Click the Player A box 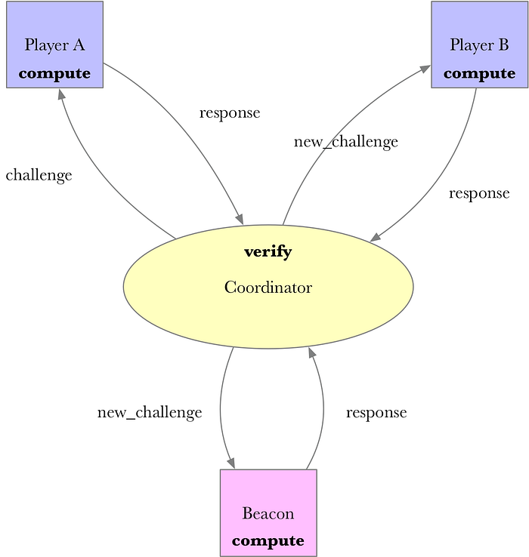tap(54, 45)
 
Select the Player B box tap(480, 45)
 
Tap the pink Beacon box tap(268, 512)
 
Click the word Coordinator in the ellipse tap(268, 288)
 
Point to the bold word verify tap(268, 252)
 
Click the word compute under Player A tap(54, 74)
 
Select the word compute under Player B tap(479, 74)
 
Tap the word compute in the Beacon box tap(268, 541)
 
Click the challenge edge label tap(39, 176)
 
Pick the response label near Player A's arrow tap(230, 113)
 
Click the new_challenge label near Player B tap(346, 142)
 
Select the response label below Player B tap(479, 194)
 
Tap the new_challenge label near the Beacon tap(150, 413)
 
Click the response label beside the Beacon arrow tap(376, 413)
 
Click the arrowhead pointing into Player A tap(61, 94)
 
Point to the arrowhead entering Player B tap(425, 69)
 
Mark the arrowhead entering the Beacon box tap(230, 463)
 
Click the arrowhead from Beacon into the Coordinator tap(312, 352)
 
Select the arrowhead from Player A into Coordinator tap(239, 219)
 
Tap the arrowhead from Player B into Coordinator tap(376, 237)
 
